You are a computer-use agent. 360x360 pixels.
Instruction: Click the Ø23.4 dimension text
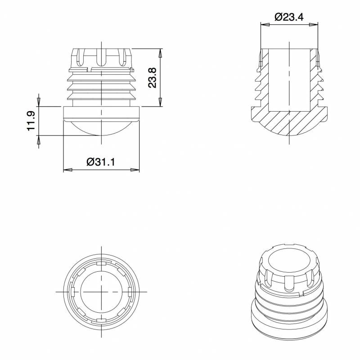(x=289, y=17)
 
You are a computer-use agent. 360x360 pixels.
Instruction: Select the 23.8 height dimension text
(x=152, y=77)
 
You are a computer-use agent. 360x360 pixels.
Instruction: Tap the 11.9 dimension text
(x=31, y=121)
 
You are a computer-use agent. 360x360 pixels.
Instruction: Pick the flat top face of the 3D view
(x=288, y=261)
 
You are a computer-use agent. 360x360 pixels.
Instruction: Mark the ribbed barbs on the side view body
(x=101, y=88)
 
